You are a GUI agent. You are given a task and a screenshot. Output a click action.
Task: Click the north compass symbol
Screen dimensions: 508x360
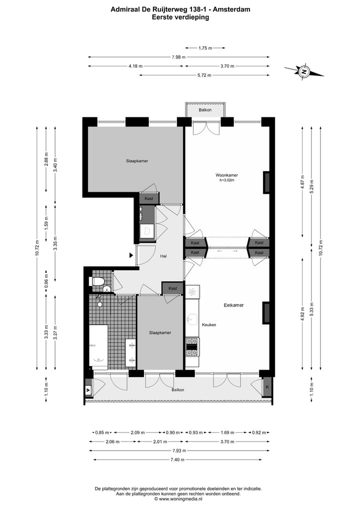[x=304, y=71]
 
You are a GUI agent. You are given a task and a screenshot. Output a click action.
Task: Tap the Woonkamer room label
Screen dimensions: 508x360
[x=226, y=175]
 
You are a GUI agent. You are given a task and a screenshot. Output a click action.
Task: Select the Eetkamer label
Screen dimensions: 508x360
[x=233, y=305]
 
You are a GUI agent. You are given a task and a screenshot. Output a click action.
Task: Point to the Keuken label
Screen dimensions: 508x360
[x=209, y=325]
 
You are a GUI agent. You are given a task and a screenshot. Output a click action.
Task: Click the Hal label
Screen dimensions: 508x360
[x=163, y=256]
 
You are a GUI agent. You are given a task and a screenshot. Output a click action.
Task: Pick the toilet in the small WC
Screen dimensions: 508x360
[x=97, y=281]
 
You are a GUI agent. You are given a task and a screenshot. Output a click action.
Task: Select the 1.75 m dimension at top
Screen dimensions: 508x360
[x=205, y=48]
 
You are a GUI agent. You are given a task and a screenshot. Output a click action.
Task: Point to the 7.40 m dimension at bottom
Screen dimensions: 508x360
[x=177, y=460]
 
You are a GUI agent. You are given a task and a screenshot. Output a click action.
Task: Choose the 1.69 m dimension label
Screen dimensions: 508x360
[x=227, y=433]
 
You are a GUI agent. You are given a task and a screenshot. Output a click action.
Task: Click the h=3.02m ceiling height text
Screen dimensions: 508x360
[x=226, y=180]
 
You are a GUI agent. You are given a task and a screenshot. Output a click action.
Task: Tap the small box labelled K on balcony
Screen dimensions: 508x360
[x=267, y=387]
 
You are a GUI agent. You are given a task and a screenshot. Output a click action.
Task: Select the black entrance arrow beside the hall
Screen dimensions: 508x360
[x=131, y=255]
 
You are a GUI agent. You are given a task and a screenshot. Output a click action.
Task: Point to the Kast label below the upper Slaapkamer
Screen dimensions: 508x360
[x=148, y=199]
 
